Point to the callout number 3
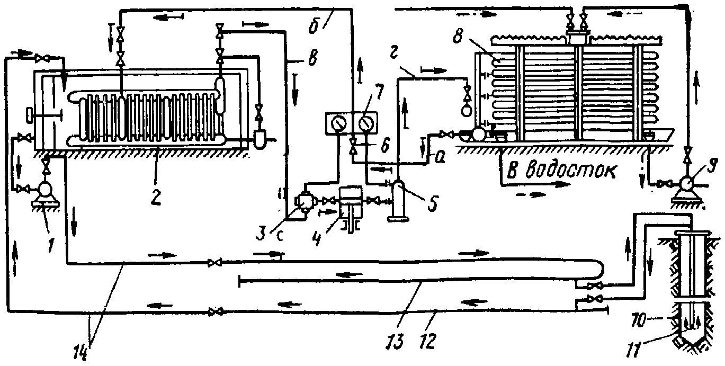pos(261,234)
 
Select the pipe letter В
pos(313,58)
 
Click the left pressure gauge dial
pos(339,123)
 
